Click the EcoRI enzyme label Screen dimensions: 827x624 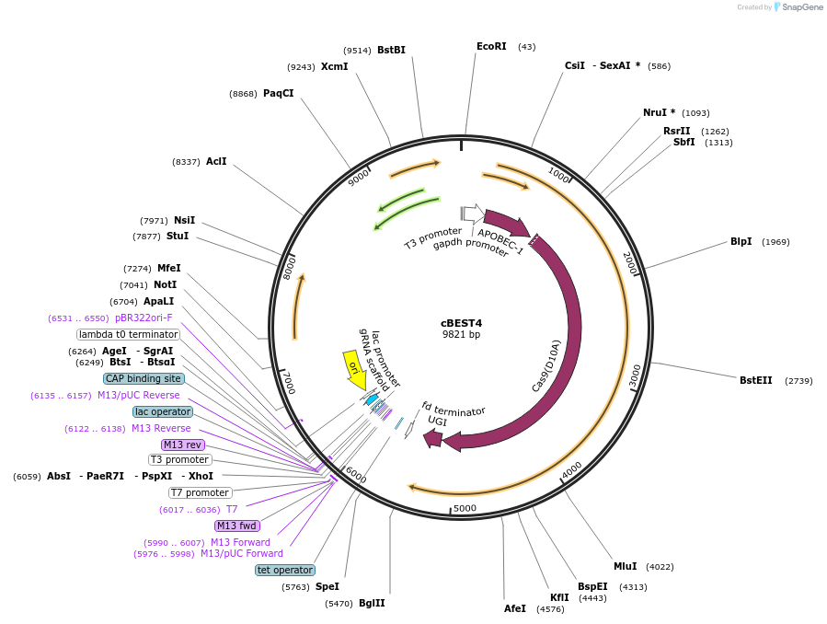[491, 46]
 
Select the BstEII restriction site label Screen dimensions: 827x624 [756, 380]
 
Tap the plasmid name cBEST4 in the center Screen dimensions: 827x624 [461, 323]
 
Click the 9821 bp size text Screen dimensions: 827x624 [461, 335]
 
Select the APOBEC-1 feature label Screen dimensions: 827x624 [500, 241]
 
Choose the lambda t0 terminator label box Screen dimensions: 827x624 [128, 334]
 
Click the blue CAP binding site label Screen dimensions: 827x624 [144, 378]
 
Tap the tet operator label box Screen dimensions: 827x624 [285, 570]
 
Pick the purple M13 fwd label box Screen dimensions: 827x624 [237, 526]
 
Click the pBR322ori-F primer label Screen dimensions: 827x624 [144, 318]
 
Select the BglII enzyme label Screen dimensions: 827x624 [372, 603]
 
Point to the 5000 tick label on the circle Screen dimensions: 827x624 [465, 508]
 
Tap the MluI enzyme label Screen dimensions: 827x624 [625, 566]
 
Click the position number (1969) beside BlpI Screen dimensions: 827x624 [775, 242]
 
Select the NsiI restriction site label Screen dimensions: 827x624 [184, 220]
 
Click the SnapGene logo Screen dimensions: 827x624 [798, 7]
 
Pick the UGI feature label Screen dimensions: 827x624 [438, 420]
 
